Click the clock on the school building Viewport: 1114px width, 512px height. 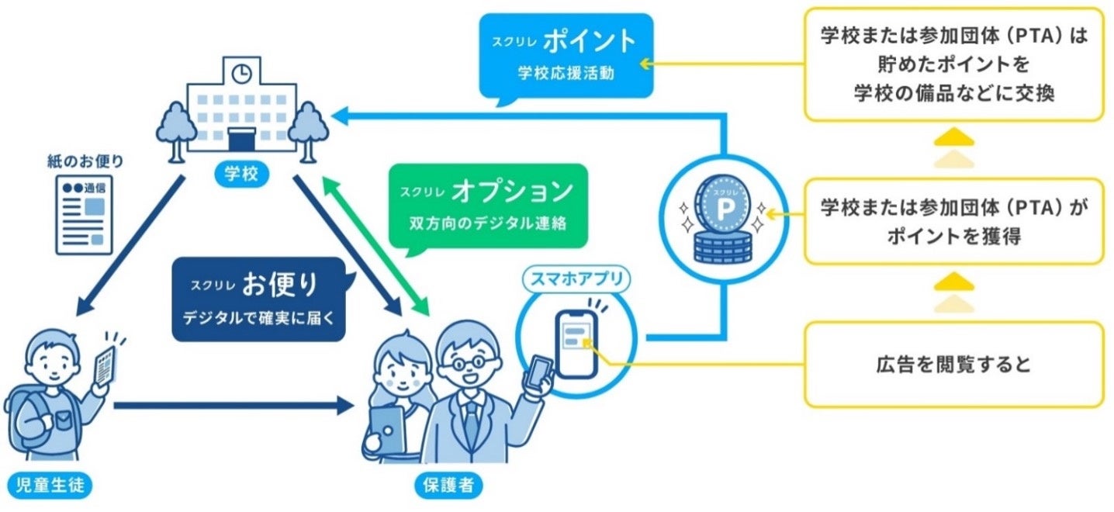tap(242, 72)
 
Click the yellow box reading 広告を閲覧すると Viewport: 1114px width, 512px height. tap(953, 365)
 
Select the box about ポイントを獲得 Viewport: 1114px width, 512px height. tap(953, 221)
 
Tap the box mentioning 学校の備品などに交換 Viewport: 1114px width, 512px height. tap(953, 64)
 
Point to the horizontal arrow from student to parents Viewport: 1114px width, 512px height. tap(233, 406)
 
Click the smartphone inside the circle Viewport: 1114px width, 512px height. tap(576, 343)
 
